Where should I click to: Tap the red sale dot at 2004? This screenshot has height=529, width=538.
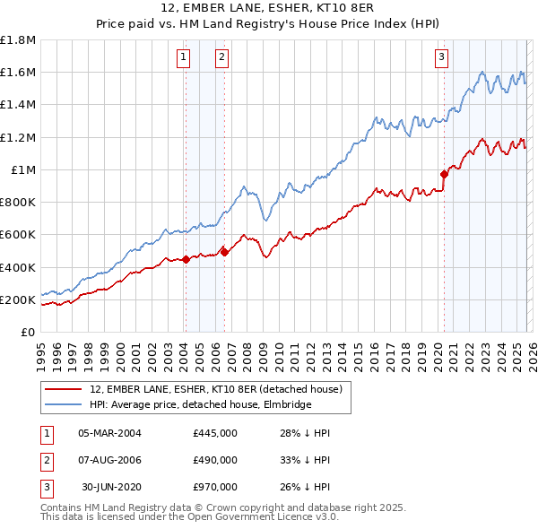[x=186, y=260]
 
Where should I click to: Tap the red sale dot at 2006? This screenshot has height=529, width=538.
[x=224, y=253]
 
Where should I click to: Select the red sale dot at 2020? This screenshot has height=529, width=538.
[x=444, y=174]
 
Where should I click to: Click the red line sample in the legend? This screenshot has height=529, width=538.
[x=64, y=390]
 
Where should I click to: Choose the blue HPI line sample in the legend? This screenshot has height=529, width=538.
[x=64, y=405]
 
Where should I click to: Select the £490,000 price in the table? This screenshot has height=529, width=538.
[x=215, y=460]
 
